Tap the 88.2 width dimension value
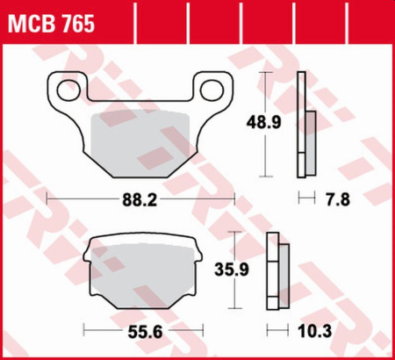[x=139, y=200]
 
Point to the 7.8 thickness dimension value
[x=338, y=199]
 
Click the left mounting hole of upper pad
[x=63, y=89]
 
